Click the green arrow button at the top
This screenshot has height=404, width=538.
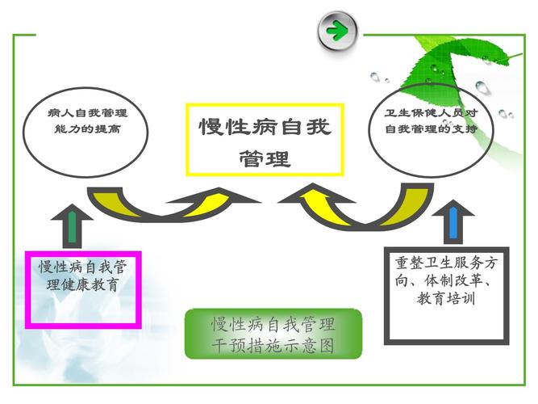[x=337, y=31]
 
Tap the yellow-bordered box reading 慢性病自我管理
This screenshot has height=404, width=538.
[x=265, y=140]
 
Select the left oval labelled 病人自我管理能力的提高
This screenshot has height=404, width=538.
[x=85, y=133]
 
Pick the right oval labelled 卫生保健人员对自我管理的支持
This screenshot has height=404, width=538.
[x=431, y=131]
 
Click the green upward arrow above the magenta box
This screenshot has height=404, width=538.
[x=72, y=225]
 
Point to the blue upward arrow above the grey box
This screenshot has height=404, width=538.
[x=453, y=221]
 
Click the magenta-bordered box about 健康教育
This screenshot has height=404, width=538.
[x=83, y=290]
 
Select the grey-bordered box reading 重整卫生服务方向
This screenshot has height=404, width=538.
[x=446, y=296]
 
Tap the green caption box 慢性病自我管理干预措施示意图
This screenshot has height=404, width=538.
[x=273, y=334]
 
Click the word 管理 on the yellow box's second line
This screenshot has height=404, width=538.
[x=265, y=159]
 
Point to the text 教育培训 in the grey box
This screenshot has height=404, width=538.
[x=446, y=298]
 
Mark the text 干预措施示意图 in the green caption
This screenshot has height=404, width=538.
[x=273, y=345]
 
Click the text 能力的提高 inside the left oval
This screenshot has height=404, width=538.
[x=87, y=129]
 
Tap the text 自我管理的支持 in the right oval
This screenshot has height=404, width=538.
[x=432, y=129]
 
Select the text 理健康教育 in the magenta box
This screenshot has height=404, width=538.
[x=83, y=284]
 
